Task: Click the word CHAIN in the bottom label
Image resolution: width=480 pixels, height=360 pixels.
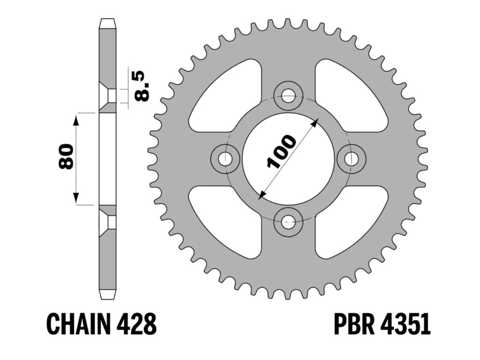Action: tap(77, 324)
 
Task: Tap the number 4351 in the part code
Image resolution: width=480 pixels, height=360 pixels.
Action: tap(407, 324)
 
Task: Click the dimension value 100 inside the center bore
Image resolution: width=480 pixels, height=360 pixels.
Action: tap(281, 151)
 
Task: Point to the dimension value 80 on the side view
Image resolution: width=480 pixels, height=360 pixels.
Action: tap(66, 157)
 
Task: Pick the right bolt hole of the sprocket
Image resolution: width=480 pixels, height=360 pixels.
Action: tap(351, 158)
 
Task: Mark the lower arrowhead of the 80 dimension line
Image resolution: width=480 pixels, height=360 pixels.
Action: tap(75, 199)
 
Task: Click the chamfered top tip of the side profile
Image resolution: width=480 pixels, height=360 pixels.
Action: tap(107, 22)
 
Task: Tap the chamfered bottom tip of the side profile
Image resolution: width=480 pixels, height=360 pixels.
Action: tap(107, 295)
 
